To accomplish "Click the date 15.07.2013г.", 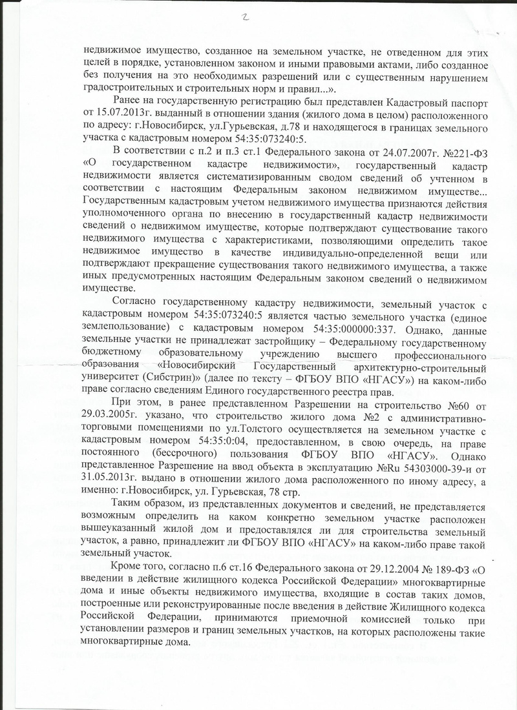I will (115, 115).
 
